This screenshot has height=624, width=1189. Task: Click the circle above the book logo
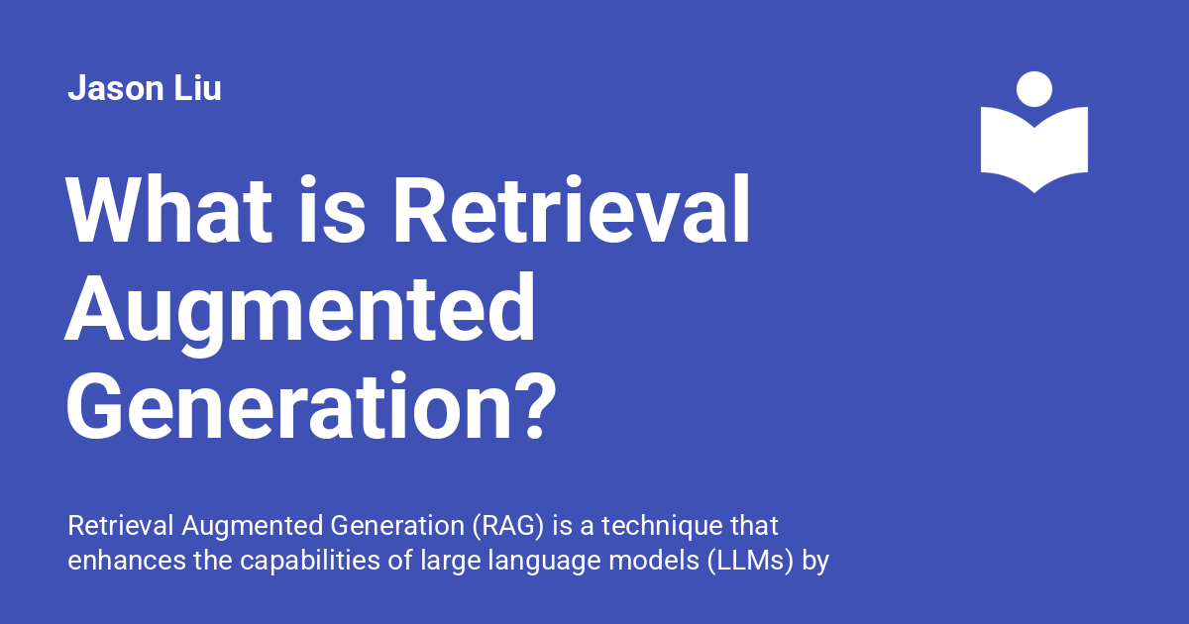click(1034, 89)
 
